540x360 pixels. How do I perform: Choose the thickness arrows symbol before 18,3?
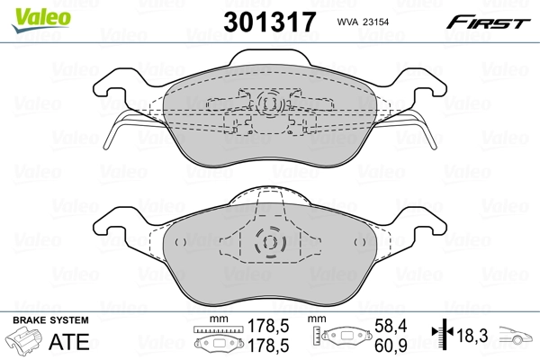[x=441, y=335]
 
